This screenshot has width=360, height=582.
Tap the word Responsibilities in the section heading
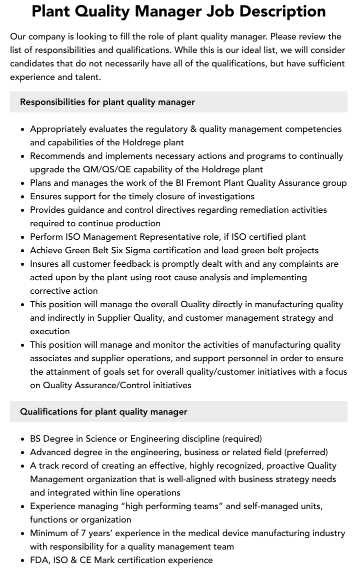tap(52, 102)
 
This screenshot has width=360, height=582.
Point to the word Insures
tap(45, 264)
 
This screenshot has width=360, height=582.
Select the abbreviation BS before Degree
tap(35, 439)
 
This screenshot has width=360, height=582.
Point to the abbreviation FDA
tap(38, 560)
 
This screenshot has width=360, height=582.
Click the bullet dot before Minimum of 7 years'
tap(23, 534)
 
